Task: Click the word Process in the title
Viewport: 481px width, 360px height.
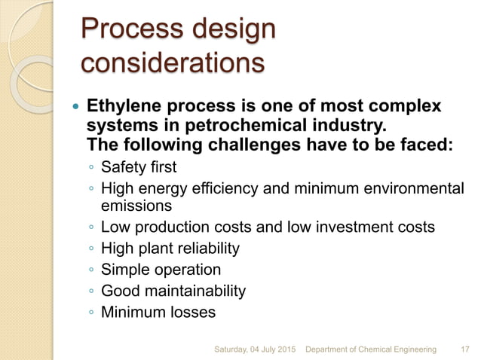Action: pyautogui.click(x=129, y=30)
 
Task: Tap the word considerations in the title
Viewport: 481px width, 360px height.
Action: pyautogui.click(x=173, y=63)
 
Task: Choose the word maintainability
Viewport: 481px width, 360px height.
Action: pyautogui.click(x=191, y=290)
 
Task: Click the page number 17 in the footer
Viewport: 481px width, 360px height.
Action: pyautogui.click(x=464, y=349)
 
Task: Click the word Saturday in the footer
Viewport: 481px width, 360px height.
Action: pyautogui.click(x=234, y=349)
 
